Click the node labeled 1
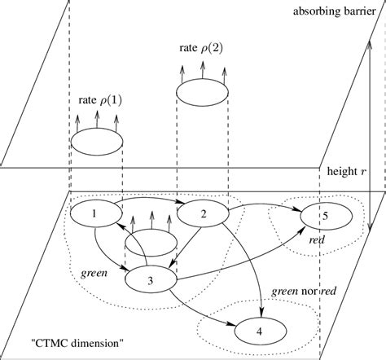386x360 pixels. tap(95, 214)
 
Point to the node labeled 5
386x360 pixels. tap(325, 217)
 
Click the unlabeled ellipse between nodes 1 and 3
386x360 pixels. tap(151, 244)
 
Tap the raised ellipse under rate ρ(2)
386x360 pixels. tap(203, 90)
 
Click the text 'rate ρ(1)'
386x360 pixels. tap(95, 102)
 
